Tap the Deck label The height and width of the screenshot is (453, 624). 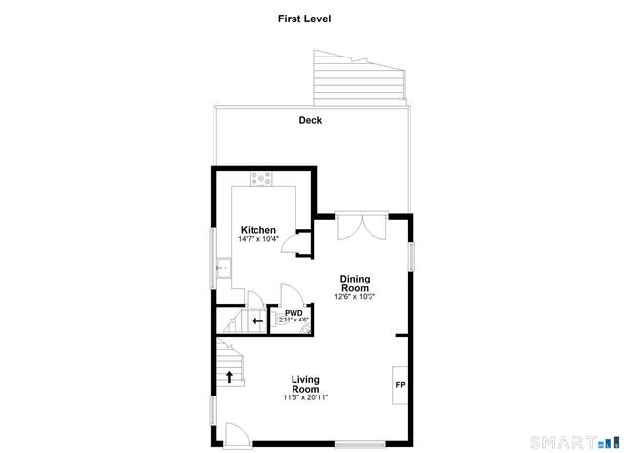click(311, 121)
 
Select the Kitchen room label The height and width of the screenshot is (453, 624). click(258, 230)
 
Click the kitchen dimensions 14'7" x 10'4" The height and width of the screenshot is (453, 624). click(258, 239)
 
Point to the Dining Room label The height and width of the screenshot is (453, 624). click(354, 283)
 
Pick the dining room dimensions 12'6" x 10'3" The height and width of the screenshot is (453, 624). click(354, 296)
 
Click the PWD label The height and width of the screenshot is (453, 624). click(293, 313)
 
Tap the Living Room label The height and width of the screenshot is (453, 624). click(305, 384)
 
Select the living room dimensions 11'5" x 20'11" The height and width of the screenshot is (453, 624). click(305, 397)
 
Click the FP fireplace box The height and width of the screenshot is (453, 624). click(400, 384)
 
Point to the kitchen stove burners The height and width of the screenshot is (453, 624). click(261, 178)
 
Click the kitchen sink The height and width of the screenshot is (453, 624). click(223, 264)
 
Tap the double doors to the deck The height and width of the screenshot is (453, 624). click(361, 226)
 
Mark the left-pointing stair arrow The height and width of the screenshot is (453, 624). click(257, 321)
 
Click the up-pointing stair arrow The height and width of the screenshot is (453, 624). click(230, 376)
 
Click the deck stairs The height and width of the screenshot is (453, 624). click(355, 79)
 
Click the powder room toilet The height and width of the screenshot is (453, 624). click(305, 329)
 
